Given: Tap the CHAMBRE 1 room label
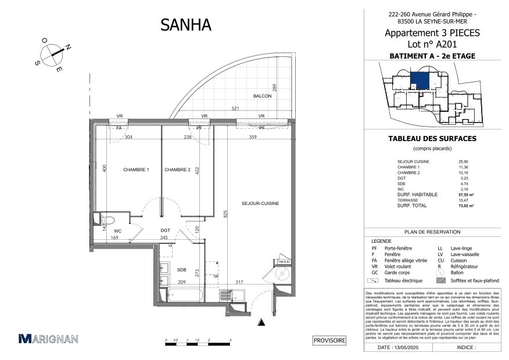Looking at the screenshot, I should point(136,170).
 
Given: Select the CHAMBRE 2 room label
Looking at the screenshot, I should point(177,170).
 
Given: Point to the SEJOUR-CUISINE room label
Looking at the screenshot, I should point(261,203).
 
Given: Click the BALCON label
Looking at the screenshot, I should point(263,96).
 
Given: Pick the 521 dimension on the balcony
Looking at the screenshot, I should point(235,109).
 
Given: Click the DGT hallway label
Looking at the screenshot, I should point(166,231).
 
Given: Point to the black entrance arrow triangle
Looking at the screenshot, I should point(263,322).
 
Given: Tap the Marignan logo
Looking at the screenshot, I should point(49,339).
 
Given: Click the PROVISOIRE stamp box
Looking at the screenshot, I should point(329,341).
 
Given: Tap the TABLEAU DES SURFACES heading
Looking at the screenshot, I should point(432,139).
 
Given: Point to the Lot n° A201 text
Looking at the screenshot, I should point(432,44).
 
